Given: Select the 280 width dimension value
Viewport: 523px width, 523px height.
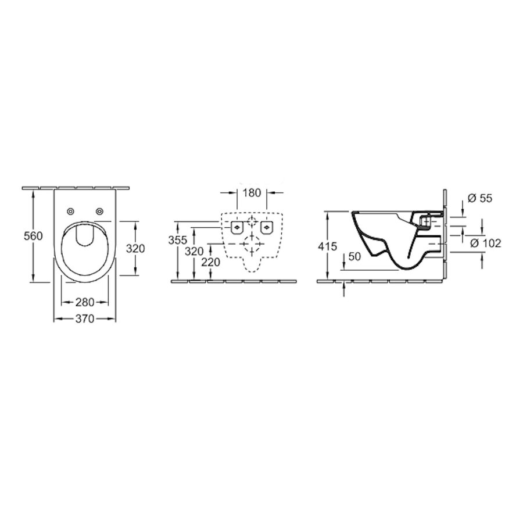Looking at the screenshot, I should tap(85, 302).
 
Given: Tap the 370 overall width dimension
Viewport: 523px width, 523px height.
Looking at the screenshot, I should tap(85, 318).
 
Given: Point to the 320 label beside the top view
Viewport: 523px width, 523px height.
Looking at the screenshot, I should tap(135, 248).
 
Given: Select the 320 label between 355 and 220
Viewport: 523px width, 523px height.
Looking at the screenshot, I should tap(195, 251).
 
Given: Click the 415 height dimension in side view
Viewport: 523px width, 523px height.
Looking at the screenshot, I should tap(327, 246).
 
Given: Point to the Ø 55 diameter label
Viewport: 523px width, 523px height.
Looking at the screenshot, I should tap(479, 198).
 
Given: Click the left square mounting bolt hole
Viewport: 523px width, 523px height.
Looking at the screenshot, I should tap(237, 227).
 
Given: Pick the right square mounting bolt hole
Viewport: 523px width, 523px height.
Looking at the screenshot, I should tap(267, 227).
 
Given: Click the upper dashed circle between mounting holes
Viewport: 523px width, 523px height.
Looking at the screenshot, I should tap(252, 221).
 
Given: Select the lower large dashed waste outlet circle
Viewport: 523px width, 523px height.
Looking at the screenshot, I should tap(252, 244).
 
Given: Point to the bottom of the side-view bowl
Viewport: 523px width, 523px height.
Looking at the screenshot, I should tap(407, 269).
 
